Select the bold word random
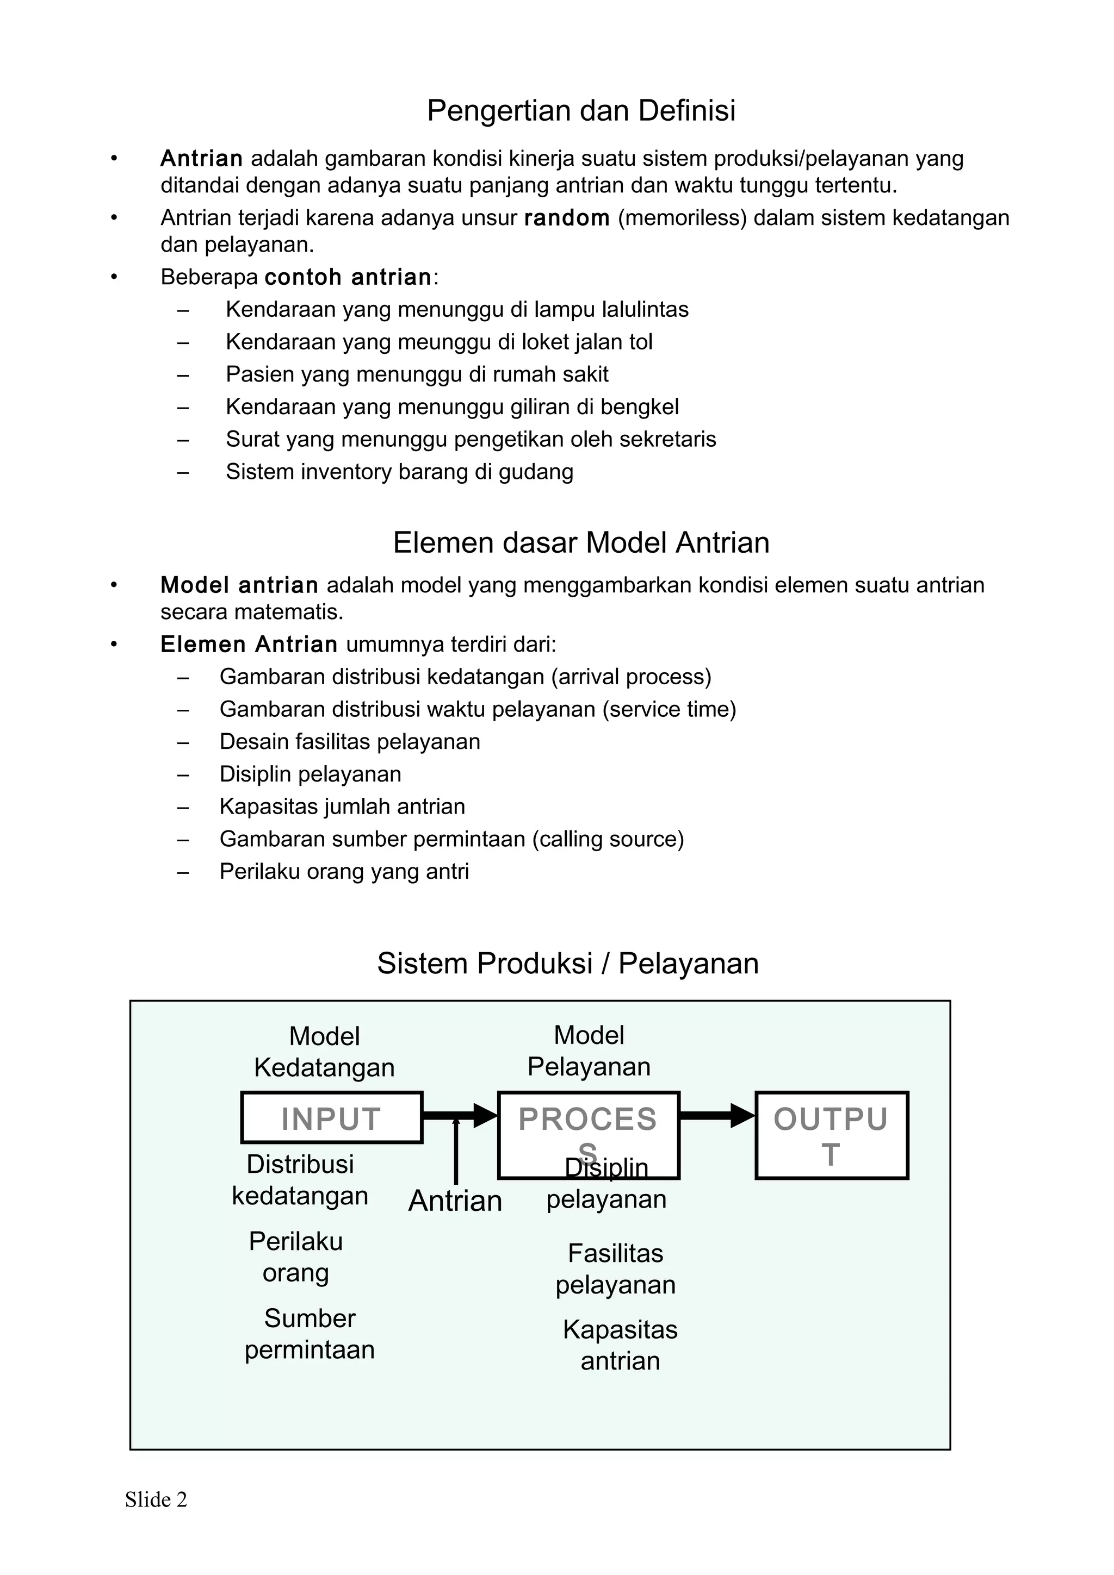(x=566, y=218)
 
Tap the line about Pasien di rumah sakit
(x=417, y=374)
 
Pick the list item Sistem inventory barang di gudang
(x=399, y=472)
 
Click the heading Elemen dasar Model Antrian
(x=581, y=542)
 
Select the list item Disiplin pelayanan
(x=310, y=774)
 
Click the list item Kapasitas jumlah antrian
(x=342, y=807)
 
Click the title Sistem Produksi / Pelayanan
(x=568, y=964)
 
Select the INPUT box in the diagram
(x=331, y=1117)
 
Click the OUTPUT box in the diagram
(x=831, y=1135)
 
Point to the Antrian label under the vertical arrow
(x=455, y=1201)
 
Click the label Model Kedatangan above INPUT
(x=324, y=1052)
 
